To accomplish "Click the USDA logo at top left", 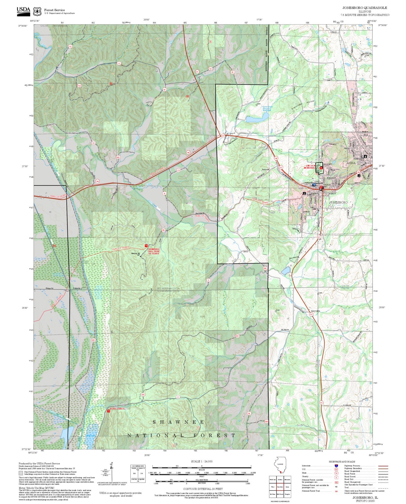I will pyautogui.click(x=23, y=11).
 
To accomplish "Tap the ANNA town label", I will pyautogui.click(x=351, y=163).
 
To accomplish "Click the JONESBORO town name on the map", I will pyautogui.click(x=338, y=202).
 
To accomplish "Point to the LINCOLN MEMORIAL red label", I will pyautogui.click(x=310, y=167).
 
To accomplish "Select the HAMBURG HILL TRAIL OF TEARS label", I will pyautogui.click(x=154, y=251).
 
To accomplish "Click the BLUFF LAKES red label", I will pyautogui.click(x=117, y=408).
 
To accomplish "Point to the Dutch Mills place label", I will pyautogui.click(x=315, y=311).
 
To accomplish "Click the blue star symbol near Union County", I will pyautogui.click(x=314, y=185).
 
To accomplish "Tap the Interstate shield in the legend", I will pyautogui.click(x=336, y=466).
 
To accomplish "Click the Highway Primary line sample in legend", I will pyautogui.click(x=383, y=466).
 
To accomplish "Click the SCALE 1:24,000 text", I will pyautogui.click(x=201, y=461).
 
